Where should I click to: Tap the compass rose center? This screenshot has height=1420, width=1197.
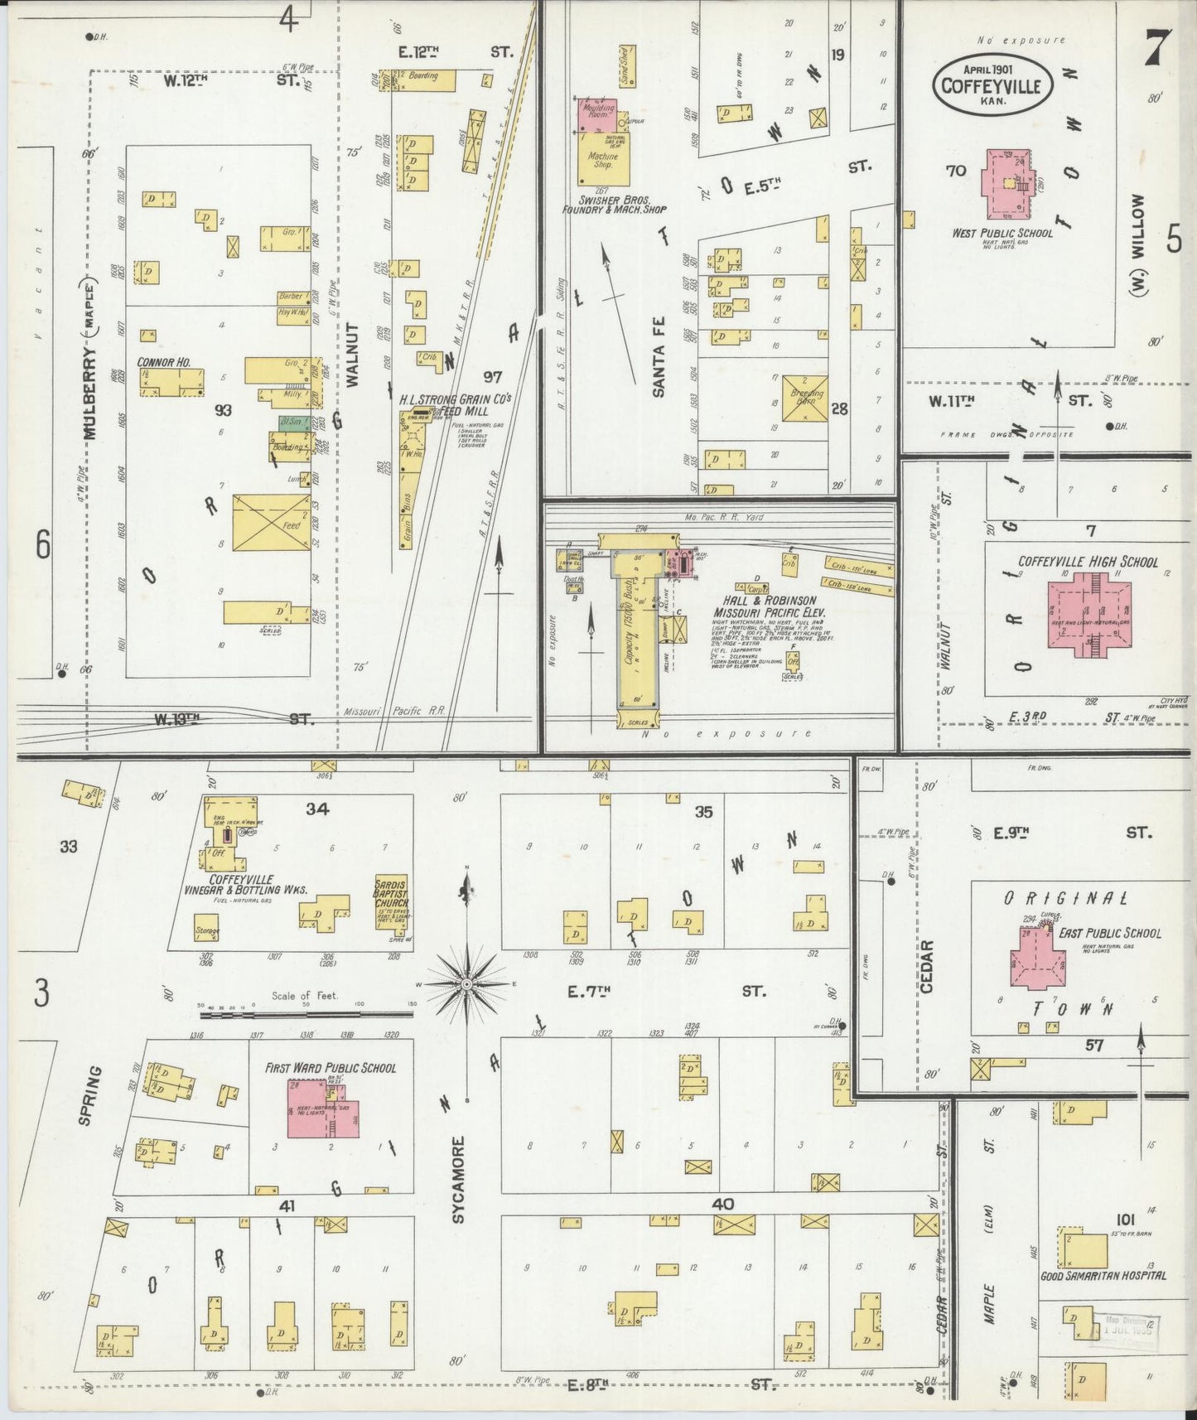click(x=467, y=983)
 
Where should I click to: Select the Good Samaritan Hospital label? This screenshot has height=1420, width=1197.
click(x=1103, y=1275)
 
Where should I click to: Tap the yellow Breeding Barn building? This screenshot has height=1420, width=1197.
click(x=804, y=398)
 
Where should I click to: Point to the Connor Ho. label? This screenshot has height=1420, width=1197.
click(x=164, y=362)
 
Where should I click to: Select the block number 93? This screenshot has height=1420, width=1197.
click(x=223, y=410)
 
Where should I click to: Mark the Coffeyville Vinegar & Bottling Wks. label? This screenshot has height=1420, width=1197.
click(x=246, y=884)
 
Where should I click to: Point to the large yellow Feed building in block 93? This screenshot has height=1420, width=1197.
click(x=271, y=523)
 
